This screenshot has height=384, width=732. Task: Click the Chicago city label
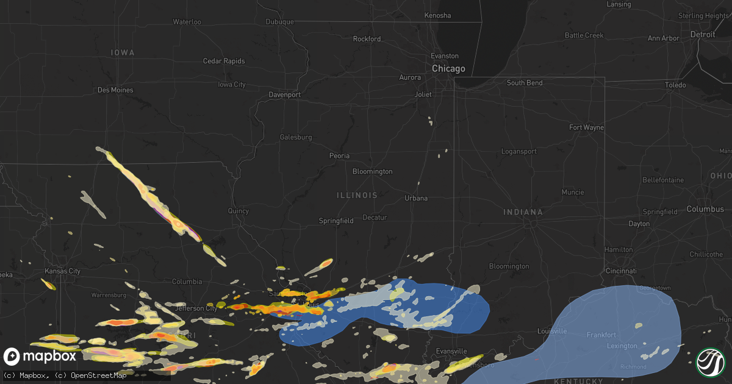[x=448, y=69]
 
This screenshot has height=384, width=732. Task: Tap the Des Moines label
[x=115, y=90]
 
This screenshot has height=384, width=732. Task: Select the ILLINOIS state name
[x=357, y=196]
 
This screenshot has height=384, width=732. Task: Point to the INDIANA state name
[x=523, y=212]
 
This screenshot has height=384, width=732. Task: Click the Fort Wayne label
[x=586, y=127]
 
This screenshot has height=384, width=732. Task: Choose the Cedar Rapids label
[x=224, y=61]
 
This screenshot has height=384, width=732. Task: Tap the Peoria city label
[x=340, y=156]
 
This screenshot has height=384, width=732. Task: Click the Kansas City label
[x=63, y=271]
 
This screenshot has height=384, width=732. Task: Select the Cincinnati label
[x=621, y=271]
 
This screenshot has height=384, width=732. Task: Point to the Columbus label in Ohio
[x=705, y=209]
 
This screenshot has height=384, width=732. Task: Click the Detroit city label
[x=703, y=35]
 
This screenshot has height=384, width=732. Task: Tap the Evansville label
[x=451, y=352]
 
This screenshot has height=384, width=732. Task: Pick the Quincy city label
[x=239, y=212]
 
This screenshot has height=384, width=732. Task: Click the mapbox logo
[x=41, y=356]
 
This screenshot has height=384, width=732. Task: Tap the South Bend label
[x=525, y=83]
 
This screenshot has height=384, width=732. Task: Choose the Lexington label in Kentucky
[x=622, y=346]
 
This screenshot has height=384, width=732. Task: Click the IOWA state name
[x=123, y=53]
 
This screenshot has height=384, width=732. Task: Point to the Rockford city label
[x=367, y=39]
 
